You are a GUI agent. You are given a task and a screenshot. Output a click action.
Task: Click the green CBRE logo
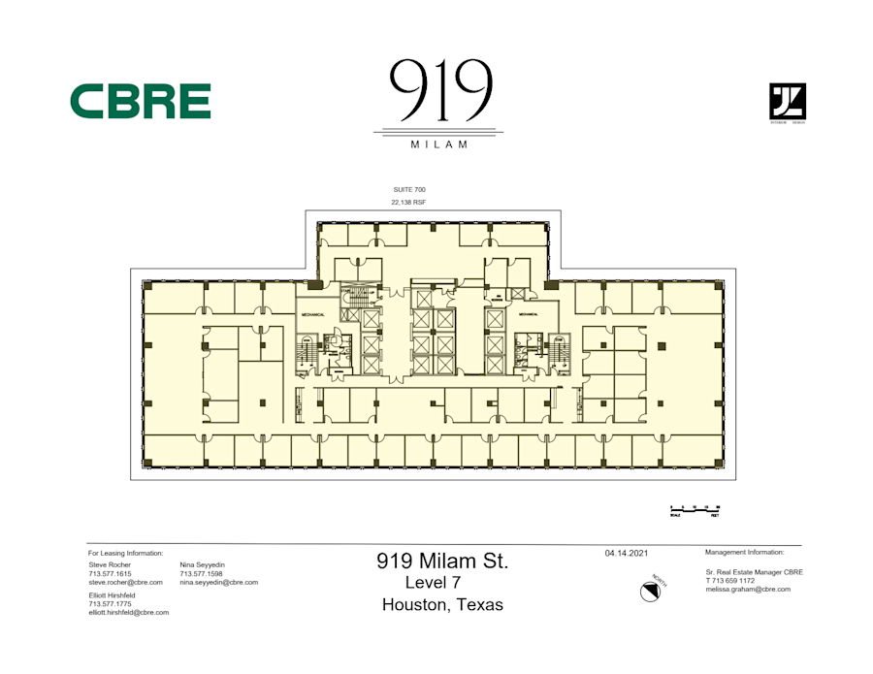[141, 101]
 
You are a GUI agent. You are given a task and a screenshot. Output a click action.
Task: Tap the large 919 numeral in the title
[440, 89]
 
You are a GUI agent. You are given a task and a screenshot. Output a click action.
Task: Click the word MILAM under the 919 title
[439, 144]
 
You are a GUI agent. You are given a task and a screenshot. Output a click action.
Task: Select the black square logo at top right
[787, 101]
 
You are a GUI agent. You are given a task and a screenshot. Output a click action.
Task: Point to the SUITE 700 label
[409, 189]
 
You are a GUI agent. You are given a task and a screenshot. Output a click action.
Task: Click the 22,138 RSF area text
[409, 202]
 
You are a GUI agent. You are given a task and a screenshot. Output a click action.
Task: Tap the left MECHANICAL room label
[312, 314]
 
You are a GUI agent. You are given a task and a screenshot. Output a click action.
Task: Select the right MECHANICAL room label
[529, 314]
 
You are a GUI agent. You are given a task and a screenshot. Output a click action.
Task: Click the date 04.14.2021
[625, 553]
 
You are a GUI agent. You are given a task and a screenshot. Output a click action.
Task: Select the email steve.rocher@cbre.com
[125, 582]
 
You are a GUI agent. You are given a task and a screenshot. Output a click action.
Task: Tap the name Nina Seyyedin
[202, 563]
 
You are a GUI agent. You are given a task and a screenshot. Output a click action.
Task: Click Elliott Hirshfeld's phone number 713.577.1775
[110, 603]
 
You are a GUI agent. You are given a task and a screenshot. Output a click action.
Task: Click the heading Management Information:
[744, 552]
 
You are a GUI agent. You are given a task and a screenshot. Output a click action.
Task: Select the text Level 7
[433, 583]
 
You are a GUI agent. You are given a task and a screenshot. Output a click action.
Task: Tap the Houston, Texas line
[442, 604]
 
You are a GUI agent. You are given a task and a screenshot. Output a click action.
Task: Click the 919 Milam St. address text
[442, 561]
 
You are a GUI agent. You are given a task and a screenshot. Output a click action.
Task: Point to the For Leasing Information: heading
[125, 552]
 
